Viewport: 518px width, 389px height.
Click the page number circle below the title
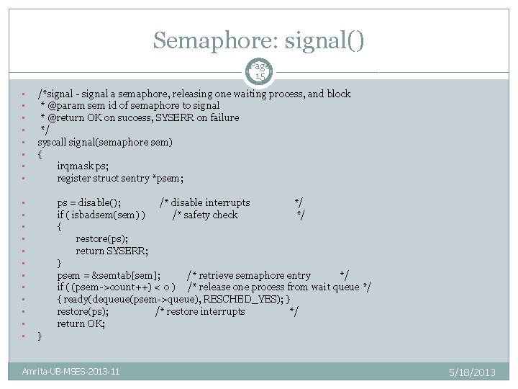(x=260, y=71)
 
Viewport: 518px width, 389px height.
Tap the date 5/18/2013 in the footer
(x=471, y=372)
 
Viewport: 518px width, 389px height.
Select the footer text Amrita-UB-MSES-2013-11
(x=71, y=372)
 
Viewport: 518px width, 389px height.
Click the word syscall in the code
(x=53, y=142)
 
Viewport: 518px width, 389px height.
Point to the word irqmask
(x=76, y=166)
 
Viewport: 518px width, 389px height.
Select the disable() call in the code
(x=99, y=202)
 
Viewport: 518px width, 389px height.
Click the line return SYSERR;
(x=112, y=251)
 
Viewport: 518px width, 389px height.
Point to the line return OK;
(x=81, y=324)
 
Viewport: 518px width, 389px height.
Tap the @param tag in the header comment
(x=65, y=105)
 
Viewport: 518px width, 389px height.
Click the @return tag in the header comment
(x=67, y=117)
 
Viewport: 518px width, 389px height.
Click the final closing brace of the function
(x=40, y=336)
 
